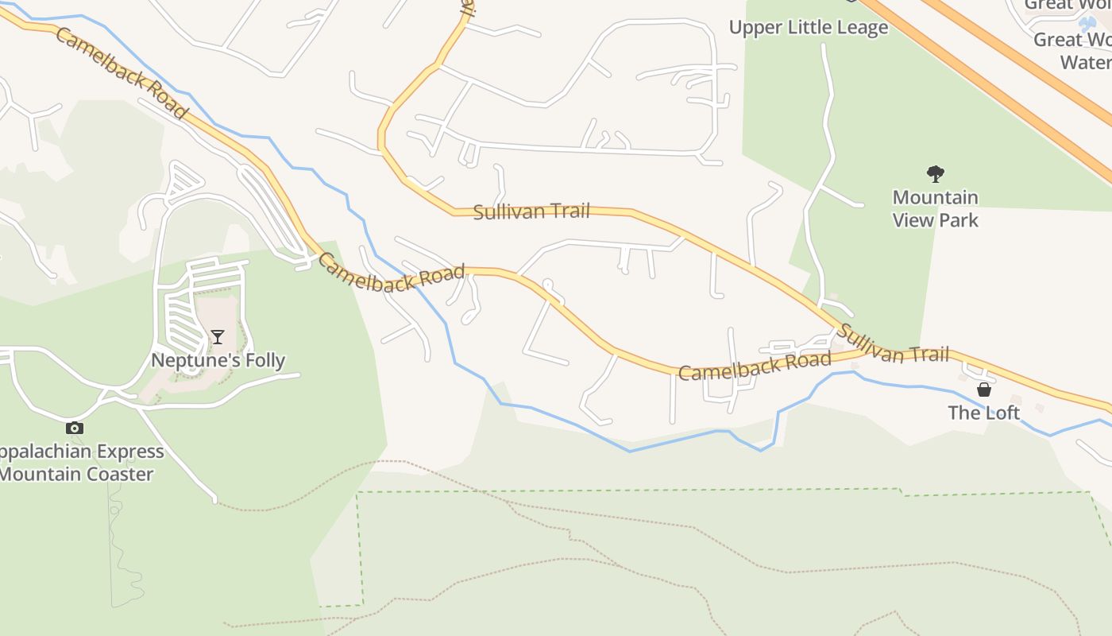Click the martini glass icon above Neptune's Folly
click(x=218, y=337)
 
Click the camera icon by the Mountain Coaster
click(x=74, y=428)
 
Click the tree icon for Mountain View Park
click(x=936, y=173)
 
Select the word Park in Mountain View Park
click(x=959, y=220)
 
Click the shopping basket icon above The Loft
click(x=984, y=390)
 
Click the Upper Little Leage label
click(x=809, y=28)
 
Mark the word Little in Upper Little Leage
click(x=809, y=28)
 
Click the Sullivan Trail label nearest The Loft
click(x=893, y=344)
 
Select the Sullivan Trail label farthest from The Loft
click(x=531, y=211)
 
